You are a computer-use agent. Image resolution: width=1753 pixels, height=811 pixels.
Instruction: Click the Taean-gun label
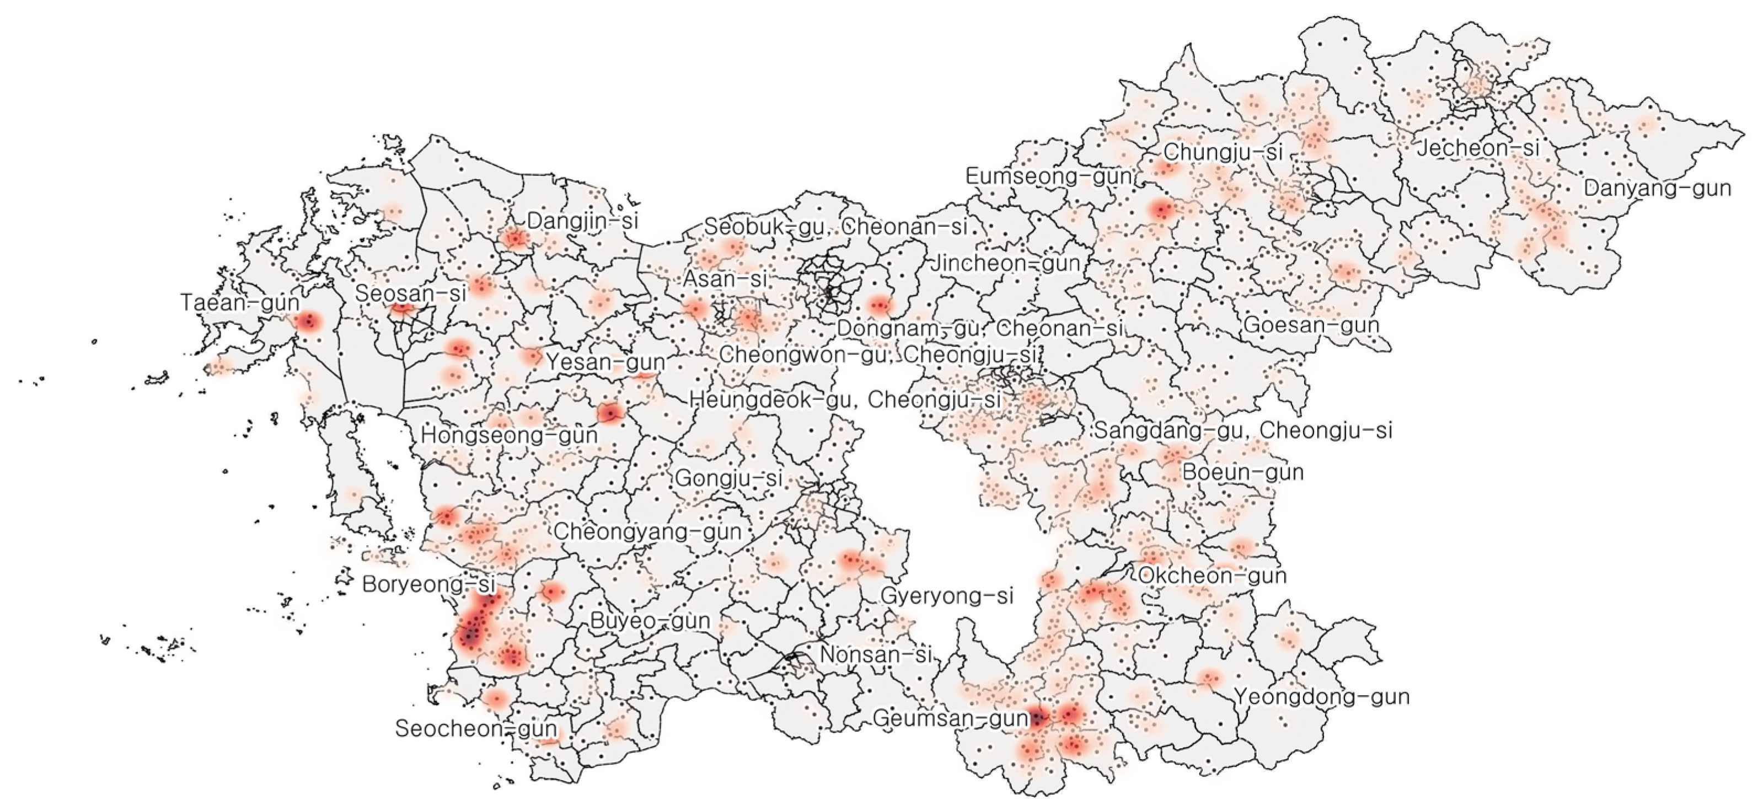pyautogui.click(x=239, y=303)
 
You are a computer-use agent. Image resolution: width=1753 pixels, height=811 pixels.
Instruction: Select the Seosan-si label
pyautogui.click(x=411, y=294)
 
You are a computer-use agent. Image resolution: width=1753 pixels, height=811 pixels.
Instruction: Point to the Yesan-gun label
pyautogui.click(x=605, y=361)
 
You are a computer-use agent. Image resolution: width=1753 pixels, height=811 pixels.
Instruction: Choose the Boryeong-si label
pyautogui.click(x=428, y=584)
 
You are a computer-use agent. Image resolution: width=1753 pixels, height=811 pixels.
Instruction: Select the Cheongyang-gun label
pyautogui.click(x=647, y=531)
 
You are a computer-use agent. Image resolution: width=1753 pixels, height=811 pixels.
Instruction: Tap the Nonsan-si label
pyautogui.click(x=875, y=655)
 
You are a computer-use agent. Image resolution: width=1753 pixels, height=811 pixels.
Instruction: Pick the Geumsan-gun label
pyautogui.click(x=950, y=718)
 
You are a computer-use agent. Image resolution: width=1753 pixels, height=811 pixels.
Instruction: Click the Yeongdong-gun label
pyautogui.click(x=1322, y=697)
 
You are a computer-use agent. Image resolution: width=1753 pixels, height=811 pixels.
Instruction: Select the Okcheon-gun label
pyautogui.click(x=1212, y=576)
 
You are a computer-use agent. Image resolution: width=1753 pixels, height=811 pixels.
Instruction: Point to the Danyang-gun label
pyautogui.click(x=1657, y=188)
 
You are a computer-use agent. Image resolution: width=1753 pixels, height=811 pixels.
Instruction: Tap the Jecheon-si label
pyautogui.click(x=1477, y=148)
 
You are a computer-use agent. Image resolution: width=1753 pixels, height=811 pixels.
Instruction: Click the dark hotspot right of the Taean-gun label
pyautogui.click(x=308, y=321)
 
